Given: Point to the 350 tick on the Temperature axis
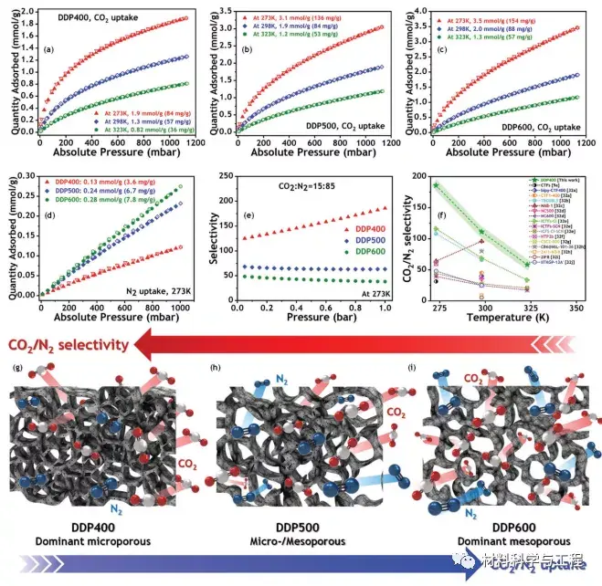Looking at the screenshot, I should pyautogui.click(x=574, y=309).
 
